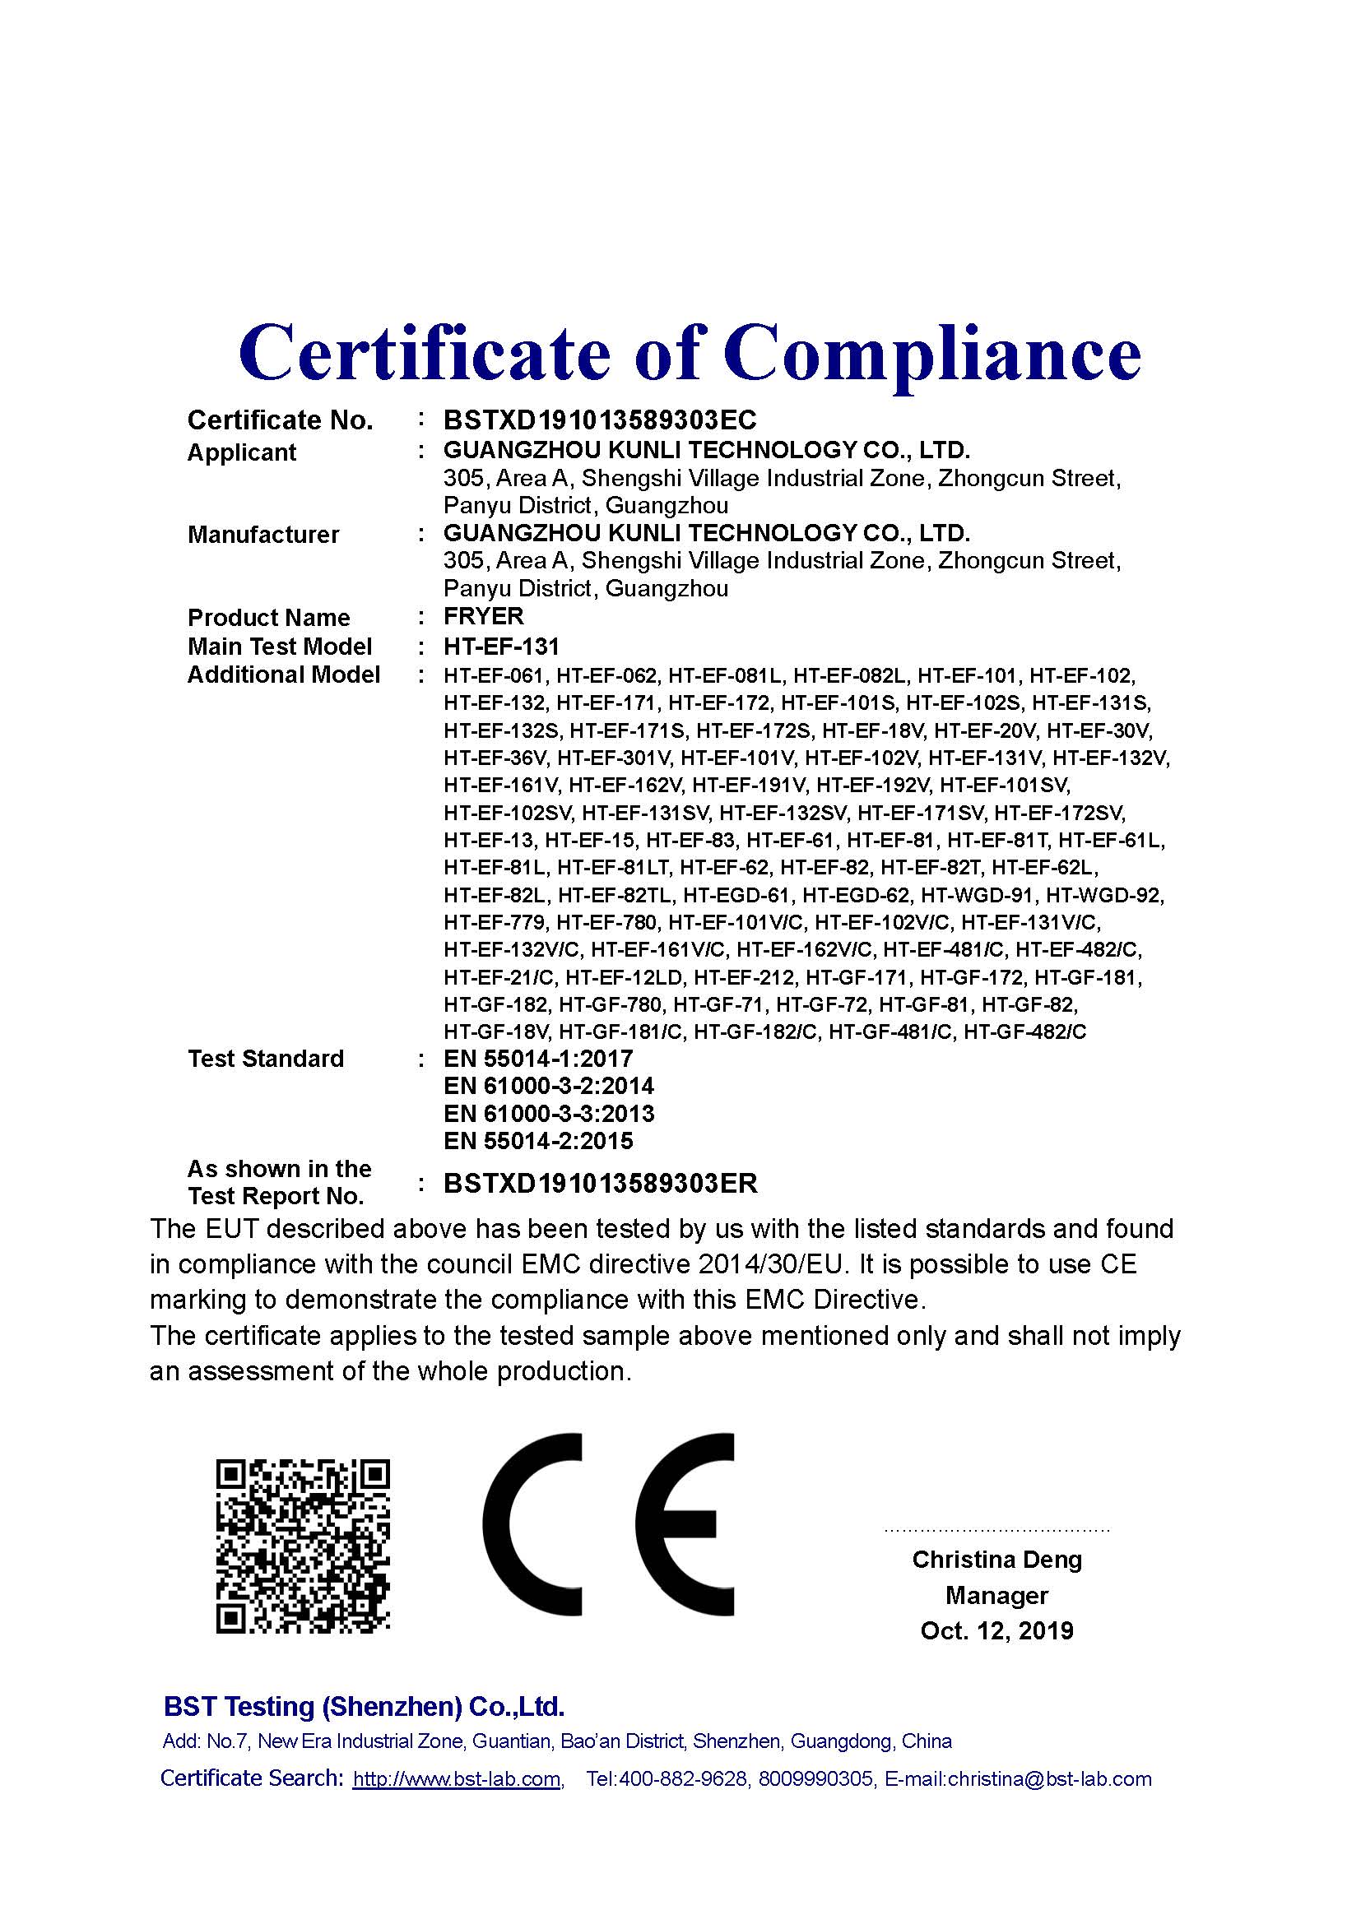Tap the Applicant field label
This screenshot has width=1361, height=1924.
coord(241,452)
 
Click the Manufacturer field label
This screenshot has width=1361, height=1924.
coord(263,535)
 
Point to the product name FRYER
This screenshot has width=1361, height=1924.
coord(484,617)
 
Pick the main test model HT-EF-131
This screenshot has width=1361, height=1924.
coord(501,646)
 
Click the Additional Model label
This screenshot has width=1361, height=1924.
coord(283,675)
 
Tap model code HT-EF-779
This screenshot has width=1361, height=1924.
coord(495,923)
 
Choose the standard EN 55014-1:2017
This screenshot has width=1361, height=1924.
coord(538,1059)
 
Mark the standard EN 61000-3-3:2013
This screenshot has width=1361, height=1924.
coord(549,1114)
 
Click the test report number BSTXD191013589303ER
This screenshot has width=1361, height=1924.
coord(600,1183)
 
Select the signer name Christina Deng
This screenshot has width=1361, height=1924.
coord(997,1560)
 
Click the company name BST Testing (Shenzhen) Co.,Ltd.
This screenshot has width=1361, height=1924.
coord(364,1706)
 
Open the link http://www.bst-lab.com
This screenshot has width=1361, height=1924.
coord(457,1779)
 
